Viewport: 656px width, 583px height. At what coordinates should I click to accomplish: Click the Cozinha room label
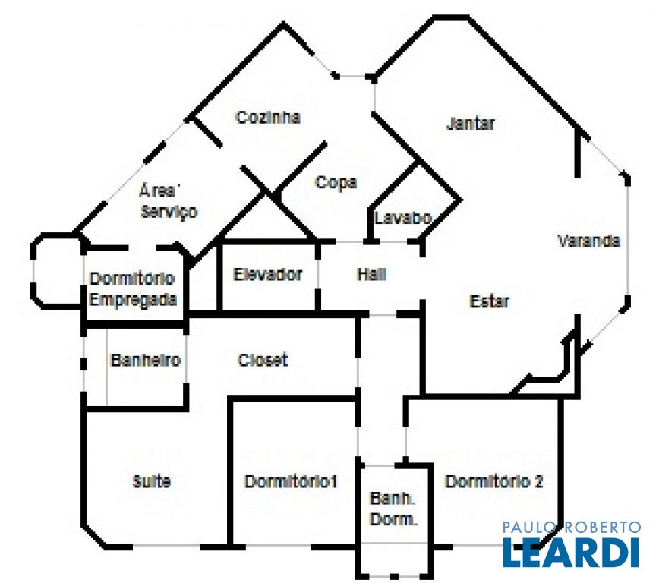(x=268, y=118)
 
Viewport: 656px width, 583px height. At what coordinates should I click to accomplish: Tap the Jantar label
(x=471, y=124)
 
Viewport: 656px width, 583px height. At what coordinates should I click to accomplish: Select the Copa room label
(x=336, y=183)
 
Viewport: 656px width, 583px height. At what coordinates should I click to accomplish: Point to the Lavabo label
(x=403, y=218)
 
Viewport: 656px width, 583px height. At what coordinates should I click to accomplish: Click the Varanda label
(x=589, y=241)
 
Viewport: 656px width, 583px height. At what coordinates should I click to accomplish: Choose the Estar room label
(x=490, y=301)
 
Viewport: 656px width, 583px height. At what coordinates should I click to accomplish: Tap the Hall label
(x=371, y=275)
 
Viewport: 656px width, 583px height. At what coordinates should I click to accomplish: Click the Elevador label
(x=267, y=275)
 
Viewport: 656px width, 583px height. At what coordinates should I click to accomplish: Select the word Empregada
(x=133, y=299)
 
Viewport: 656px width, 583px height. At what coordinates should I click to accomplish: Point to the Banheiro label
(x=146, y=360)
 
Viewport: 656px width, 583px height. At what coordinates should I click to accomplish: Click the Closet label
(x=263, y=360)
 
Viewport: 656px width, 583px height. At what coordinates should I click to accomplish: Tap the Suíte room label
(x=152, y=481)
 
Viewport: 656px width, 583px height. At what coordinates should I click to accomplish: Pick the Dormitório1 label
(x=291, y=481)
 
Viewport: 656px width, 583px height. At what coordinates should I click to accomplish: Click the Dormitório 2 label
(x=494, y=481)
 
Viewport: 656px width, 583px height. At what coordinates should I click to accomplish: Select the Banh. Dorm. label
(x=393, y=509)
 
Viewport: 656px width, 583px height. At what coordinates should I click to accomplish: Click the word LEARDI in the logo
(x=571, y=553)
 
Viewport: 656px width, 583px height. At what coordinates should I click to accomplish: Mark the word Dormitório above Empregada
(x=132, y=279)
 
